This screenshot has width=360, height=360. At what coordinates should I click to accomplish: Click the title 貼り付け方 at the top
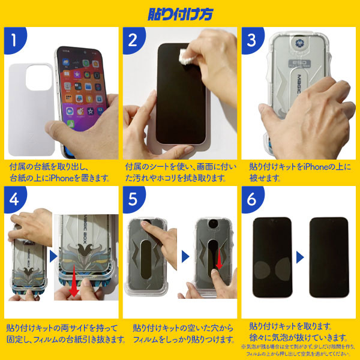(179, 13)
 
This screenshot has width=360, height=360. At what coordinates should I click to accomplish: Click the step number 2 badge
(136, 40)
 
